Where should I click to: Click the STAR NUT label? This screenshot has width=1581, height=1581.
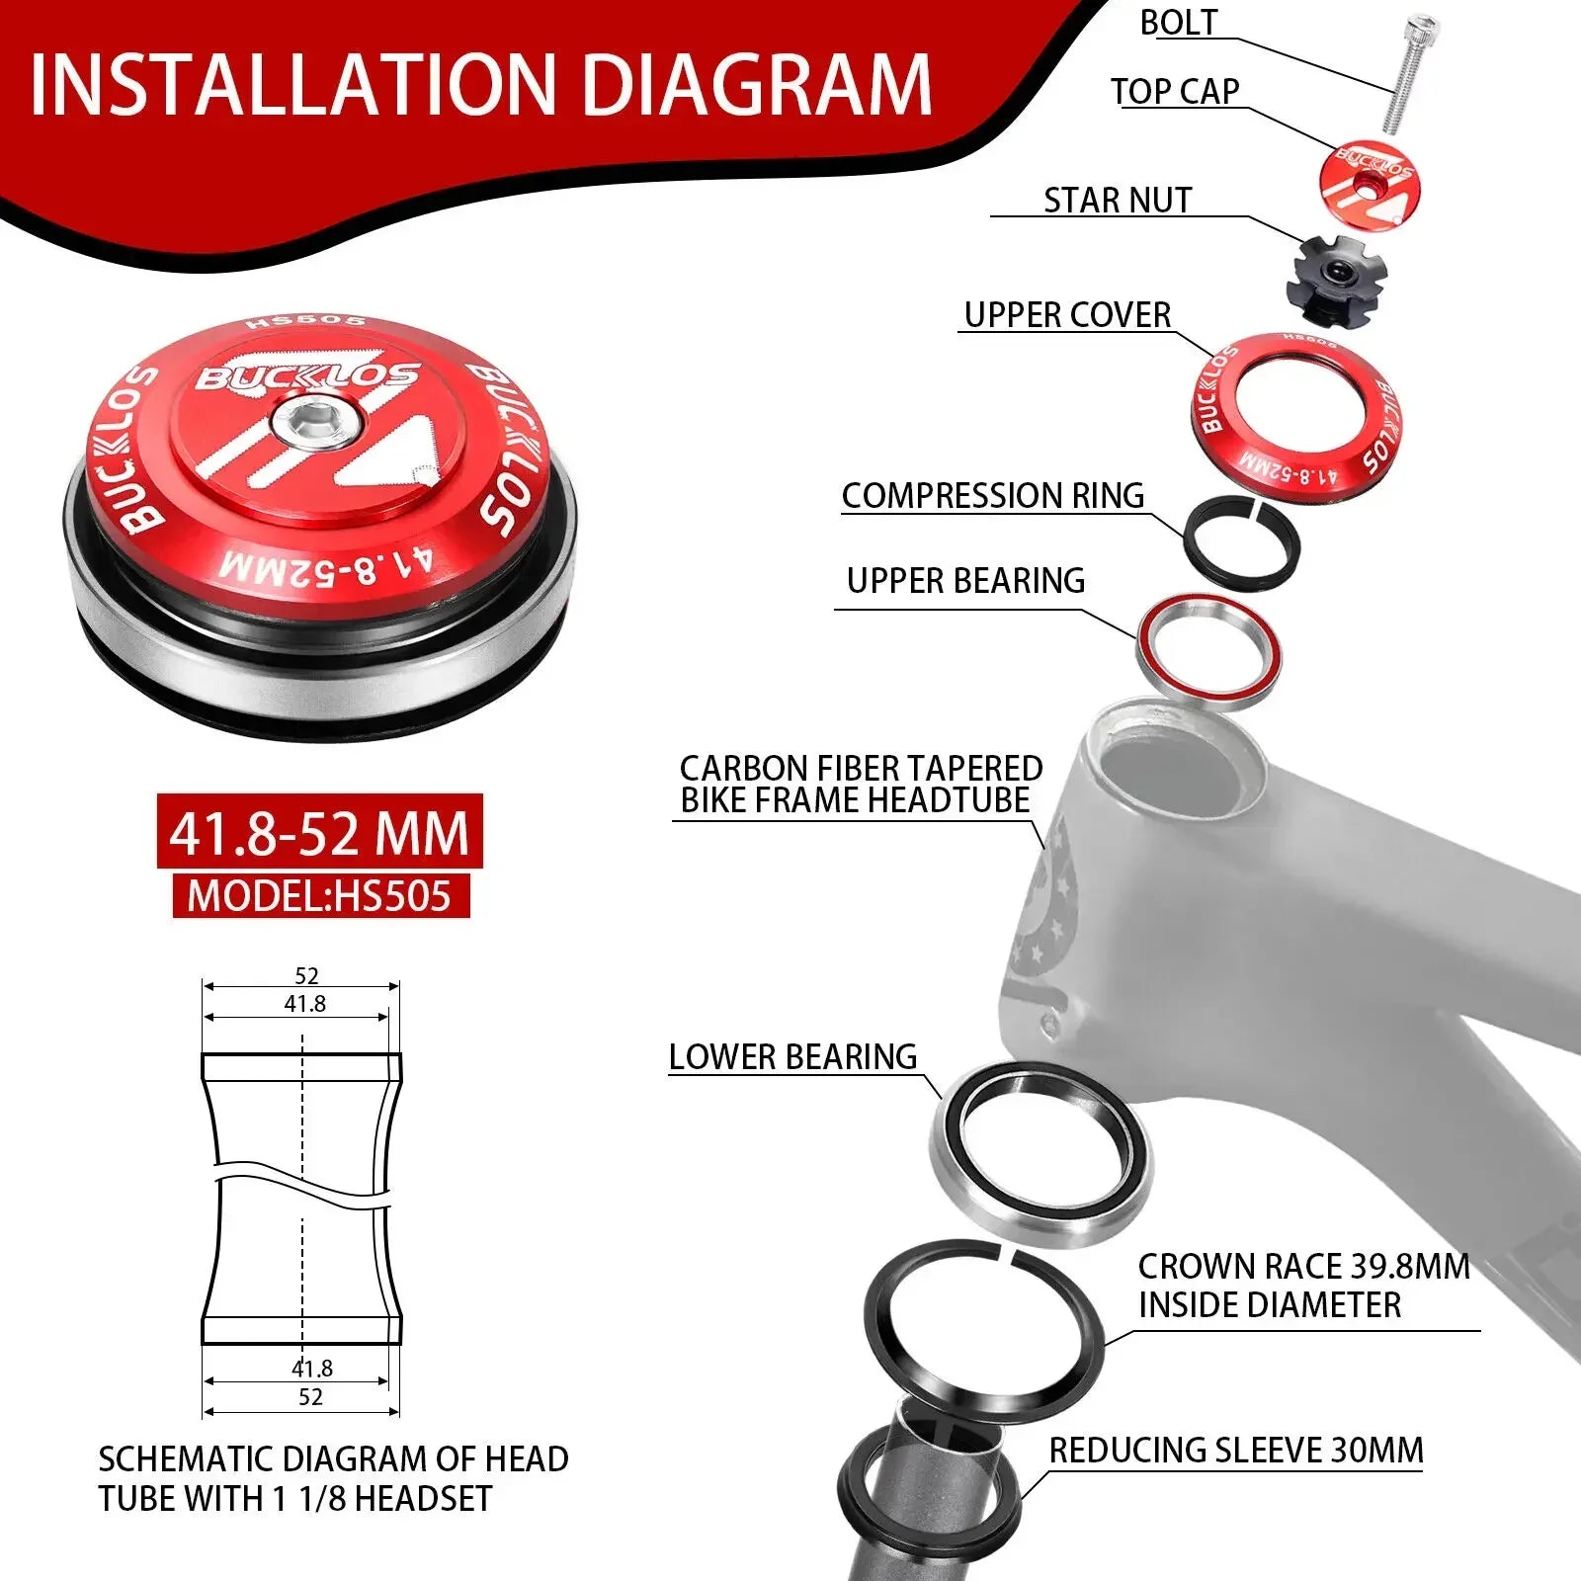pyautogui.click(x=1118, y=200)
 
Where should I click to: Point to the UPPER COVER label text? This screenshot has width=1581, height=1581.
pyautogui.click(x=1067, y=315)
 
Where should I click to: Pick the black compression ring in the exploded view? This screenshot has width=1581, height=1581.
pyautogui.click(x=1242, y=543)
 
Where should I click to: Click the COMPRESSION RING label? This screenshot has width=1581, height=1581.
pyautogui.click(x=993, y=495)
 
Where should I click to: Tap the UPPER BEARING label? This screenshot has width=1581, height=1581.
pyautogui.click(x=965, y=580)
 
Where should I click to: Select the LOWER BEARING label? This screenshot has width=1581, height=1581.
pyautogui.click(x=792, y=1056)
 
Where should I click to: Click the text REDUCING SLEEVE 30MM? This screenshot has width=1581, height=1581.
pyautogui.click(x=1236, y=1451)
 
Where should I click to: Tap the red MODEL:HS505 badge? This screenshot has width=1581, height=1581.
pyautogui.click(x=320, y=895)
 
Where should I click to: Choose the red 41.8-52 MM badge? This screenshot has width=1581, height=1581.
pyautogui.click(x=319, y=832)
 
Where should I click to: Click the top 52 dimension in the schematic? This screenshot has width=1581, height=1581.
pyautogui.click(x=306, y=975)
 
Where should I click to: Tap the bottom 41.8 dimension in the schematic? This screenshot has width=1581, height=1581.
pyautogui.click(x=312, y=1369)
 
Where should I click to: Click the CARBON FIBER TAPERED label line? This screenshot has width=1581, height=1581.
pyautogui.click(x=861, y=768)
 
